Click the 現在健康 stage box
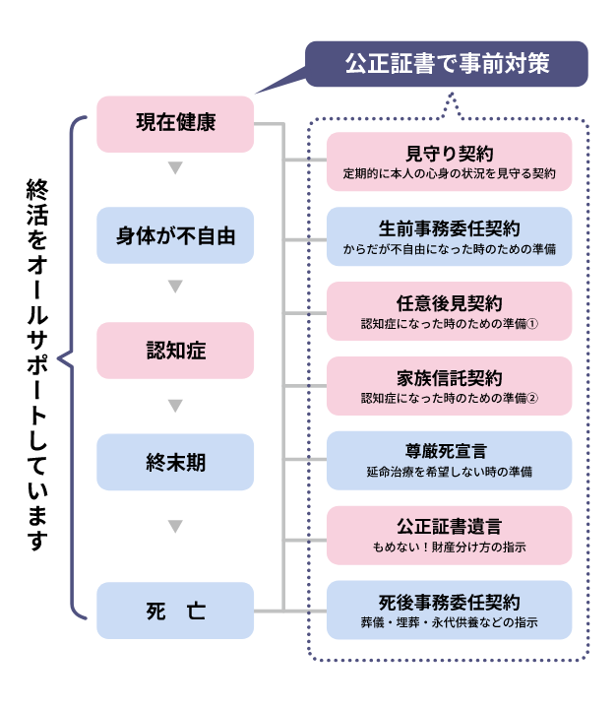(175, 124)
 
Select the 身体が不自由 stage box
(175, 236)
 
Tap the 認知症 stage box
(175, 350)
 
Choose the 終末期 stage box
(175, 462)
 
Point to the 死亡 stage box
(175, 611)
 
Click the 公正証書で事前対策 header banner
(447, 65)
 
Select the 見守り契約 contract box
(449, 161)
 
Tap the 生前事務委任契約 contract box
(449, 236)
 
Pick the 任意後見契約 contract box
(449, 311)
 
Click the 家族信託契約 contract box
(449, 386)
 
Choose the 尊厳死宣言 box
(449, 461)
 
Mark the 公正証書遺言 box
(449, 535)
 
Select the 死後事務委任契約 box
(449, 610)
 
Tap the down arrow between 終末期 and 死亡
(175, 526)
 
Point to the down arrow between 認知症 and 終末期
(175, 406)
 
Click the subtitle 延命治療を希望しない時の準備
(449, 472)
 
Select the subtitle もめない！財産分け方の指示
(449, 547)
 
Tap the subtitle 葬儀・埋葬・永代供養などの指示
(449, 621)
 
